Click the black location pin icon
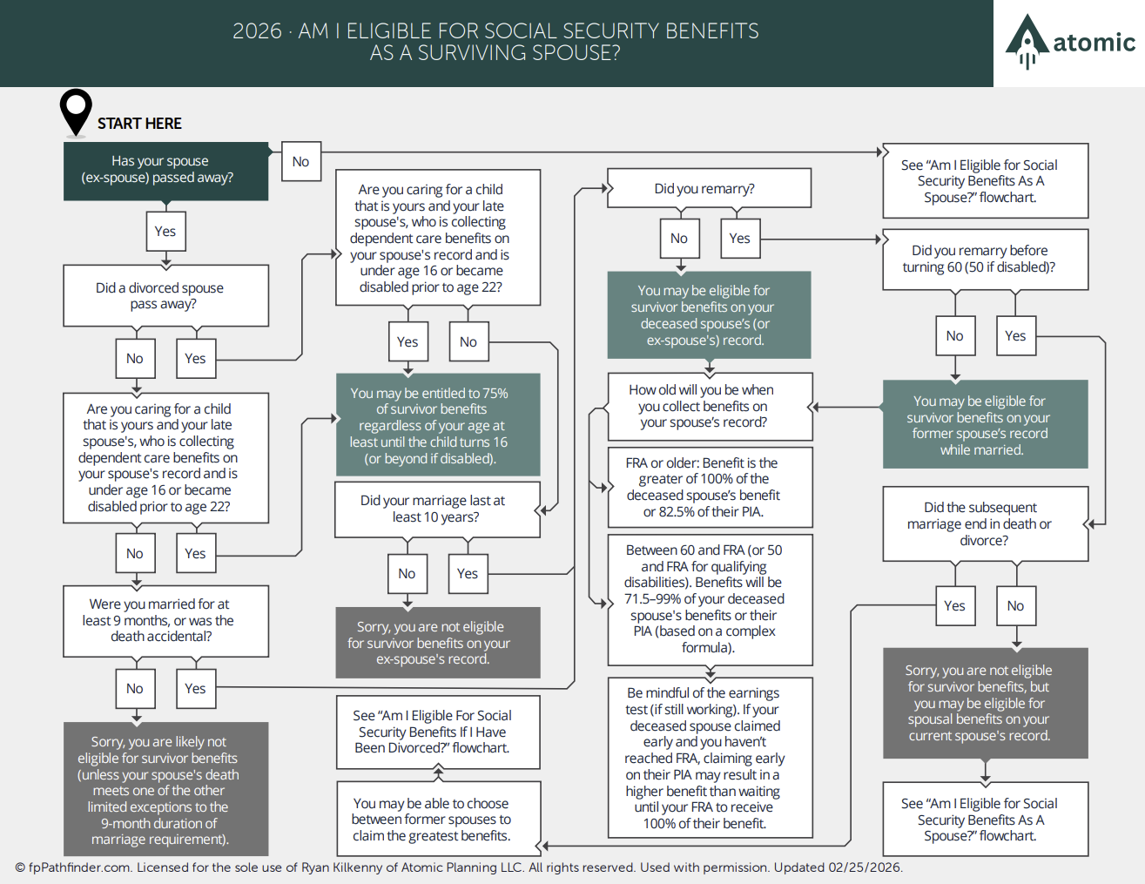76,111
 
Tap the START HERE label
139,124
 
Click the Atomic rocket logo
1027,41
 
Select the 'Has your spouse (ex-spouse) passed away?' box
166,172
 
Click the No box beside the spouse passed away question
301,161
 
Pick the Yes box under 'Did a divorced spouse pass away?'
196,359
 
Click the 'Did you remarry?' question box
710,188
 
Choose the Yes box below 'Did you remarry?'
740,239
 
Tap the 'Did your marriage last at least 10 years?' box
437,509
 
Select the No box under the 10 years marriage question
407,574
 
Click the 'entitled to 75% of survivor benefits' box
438,425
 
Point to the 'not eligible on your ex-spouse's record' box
438,643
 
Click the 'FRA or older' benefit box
710,488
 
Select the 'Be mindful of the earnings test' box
710,758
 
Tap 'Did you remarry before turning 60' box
986,260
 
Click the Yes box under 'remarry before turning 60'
1016,336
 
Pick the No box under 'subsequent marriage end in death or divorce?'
1016,606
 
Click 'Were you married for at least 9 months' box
166,621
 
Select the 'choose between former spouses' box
438,819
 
